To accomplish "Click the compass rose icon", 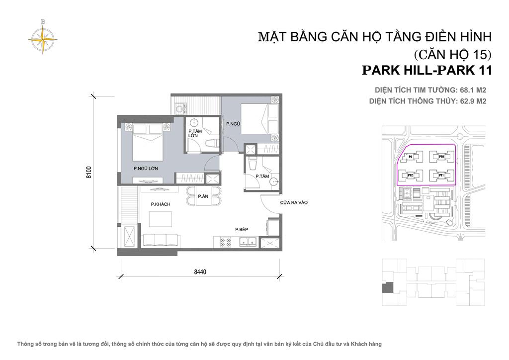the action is pos(43,38).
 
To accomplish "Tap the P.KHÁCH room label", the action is pos(161,204).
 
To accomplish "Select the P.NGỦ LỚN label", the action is pos(146,169).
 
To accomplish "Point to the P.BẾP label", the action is pos(242,229).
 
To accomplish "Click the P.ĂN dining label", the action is pos(203,196).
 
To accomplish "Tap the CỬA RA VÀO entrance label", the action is pos(294,202).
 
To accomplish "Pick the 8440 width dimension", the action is pos(200,271).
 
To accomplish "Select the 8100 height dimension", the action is pos(88,172).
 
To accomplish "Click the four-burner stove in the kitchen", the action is pos(225,242).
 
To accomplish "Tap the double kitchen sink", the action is pos(248,242).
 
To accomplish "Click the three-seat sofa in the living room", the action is pos(161,241).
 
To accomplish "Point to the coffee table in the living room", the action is pos(161,219).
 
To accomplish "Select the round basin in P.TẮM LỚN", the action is pos(194,122).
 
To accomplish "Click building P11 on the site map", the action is pos(441,176).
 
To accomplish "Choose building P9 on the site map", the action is pos(411,157).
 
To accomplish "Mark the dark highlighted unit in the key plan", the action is pos(387,287).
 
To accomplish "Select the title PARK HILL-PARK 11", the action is pos(427,71).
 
